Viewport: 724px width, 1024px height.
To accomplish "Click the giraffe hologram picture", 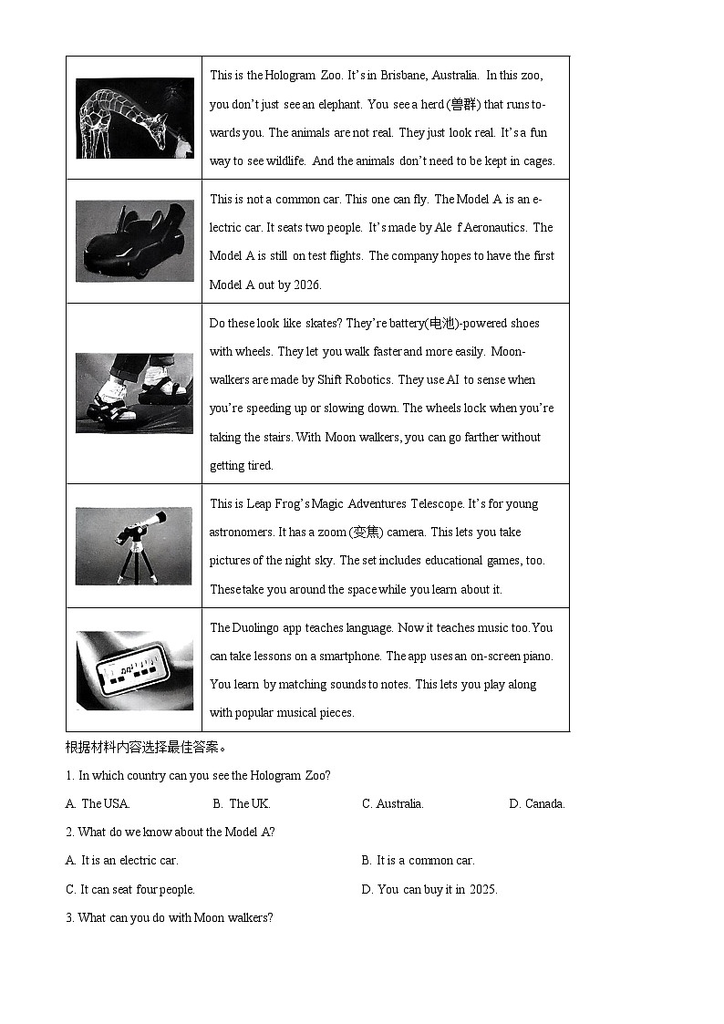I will pos(134,118).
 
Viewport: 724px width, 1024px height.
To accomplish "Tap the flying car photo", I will pos(134,241).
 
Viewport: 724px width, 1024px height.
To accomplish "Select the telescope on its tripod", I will pos(134,545).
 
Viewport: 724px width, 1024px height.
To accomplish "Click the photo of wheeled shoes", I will pos(134,393).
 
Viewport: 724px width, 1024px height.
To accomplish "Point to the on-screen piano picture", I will pos(134,670).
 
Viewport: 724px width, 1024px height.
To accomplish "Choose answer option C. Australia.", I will pos(392,804).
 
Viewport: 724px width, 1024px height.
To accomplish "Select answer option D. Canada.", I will pos(537,804).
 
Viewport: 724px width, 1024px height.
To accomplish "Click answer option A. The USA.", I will pos(98,804).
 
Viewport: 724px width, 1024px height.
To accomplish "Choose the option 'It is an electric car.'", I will pos(122,861).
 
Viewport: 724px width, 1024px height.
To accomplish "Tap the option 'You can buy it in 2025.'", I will pos(429,890).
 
